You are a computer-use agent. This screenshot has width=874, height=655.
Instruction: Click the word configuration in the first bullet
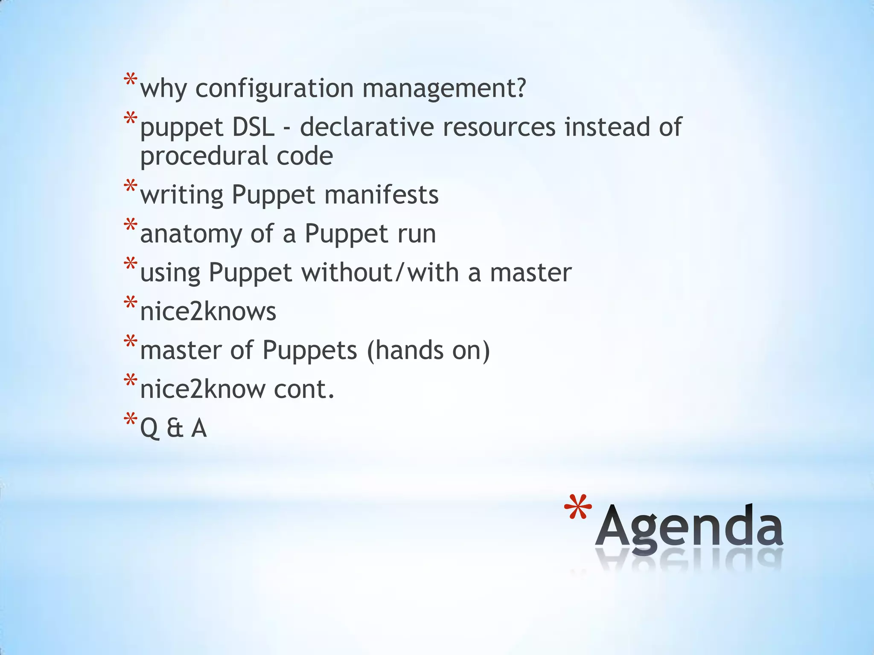click(x=274, y=89)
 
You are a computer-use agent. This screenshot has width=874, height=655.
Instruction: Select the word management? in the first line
click(x=444, y=89)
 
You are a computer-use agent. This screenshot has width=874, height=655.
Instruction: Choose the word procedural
click(x=200, y=156)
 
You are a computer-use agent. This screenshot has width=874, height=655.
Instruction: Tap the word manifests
click(x=381, y=195)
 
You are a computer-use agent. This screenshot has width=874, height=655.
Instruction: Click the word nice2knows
click(x=208, y=311)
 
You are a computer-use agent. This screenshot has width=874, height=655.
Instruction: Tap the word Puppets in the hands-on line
click(x=309, y=350)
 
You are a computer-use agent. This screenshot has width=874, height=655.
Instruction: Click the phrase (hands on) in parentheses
click(x=428, y=350)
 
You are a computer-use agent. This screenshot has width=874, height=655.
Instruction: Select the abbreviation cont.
click(x=304, y=389)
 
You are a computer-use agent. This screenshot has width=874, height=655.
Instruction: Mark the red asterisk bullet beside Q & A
click(x=130, y=420)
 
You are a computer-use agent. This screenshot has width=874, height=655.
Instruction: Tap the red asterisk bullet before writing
click(x=130, y=187)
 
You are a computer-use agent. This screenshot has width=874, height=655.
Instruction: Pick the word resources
click(x=499, y=127)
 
